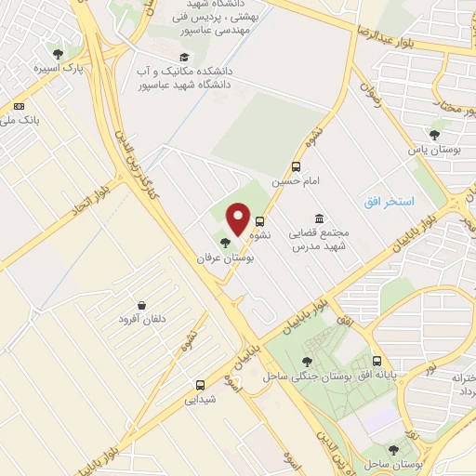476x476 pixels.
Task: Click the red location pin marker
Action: coord(238,219)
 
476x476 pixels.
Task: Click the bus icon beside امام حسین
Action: coord(296,167)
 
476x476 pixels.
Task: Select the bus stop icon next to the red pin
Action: coord(259,222)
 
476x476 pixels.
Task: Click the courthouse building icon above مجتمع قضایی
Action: coord(319,217)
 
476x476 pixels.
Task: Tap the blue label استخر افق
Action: coord(387,202)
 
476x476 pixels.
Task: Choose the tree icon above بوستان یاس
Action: coord(434,134)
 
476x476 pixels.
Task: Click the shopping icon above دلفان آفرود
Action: coord(140,306)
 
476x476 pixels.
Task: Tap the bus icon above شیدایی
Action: coord(200,384)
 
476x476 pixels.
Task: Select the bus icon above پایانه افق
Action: coord(377,360)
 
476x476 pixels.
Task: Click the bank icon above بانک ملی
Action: coord(20,107)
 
